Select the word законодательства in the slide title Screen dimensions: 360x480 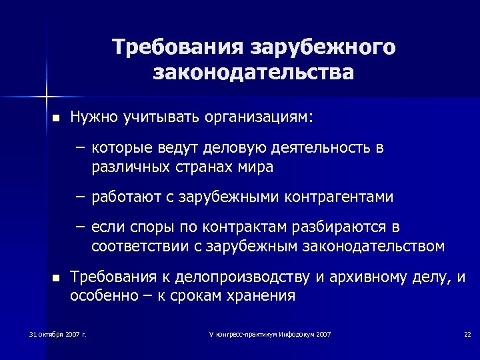pyautogui.click(x=253, y=72)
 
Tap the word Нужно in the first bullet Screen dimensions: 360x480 pyautogui.click(x=95, y=117)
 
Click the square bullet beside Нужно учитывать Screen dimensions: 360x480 pyautogui.click(x=55, y=118)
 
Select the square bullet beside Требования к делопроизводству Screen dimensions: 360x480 pyautogui.click(x=55, y=277)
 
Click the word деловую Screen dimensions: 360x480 pyautogui.click(x=245, y=148)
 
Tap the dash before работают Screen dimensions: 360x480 pyautogui.click(x=80, y=197)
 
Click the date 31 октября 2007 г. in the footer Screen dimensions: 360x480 pyautogui.click(x=59, y=333)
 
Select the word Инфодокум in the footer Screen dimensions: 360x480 pyautogui.click(x=291, y=333)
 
